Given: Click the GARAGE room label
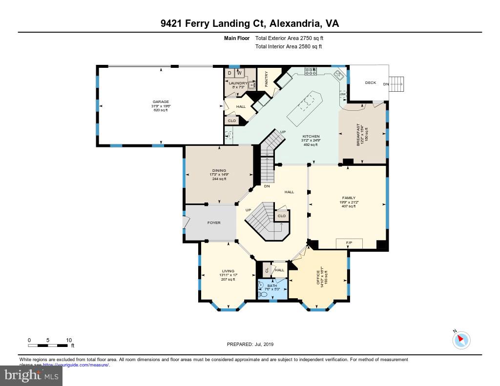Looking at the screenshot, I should (160, 102).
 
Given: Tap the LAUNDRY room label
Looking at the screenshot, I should (238, 83).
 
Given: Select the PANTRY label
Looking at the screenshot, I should (267, 79).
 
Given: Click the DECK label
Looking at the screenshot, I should (371, 83).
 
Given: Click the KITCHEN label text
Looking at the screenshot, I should (311, 136).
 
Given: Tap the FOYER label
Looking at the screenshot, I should (214, 223).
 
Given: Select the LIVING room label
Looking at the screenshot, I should (228, 271).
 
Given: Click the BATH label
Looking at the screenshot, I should (272, 285).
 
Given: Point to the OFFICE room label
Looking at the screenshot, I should (318, 278).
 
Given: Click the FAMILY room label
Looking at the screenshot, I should (349, 198).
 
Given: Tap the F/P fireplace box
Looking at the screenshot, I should (349, 243).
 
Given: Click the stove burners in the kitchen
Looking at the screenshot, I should (311, 72).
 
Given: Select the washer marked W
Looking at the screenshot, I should (239, 73).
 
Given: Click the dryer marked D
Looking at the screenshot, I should (229, 73).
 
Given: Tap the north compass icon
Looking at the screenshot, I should (461, 340).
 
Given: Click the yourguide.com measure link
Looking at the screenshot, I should (76, 365).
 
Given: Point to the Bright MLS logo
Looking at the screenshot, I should (31, 376).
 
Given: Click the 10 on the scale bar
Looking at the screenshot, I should (69, 340).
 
